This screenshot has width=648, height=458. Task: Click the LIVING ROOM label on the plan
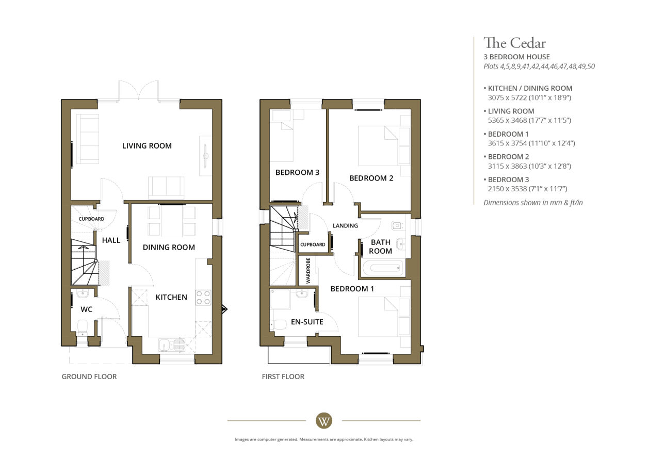click(x=147, y=146)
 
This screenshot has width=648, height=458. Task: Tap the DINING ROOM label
click(x=169, y=247)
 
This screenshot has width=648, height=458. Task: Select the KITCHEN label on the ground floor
click(x=171, y=297)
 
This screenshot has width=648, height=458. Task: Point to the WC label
click(x=87, y=309)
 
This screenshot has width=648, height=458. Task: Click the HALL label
click(x=111, y=240)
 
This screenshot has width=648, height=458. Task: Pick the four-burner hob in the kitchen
click(x=203, y=298)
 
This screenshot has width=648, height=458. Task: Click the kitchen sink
click(x=172, y=345)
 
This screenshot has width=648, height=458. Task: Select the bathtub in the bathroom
click(x=382, y=268)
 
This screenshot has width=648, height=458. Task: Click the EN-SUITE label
click(x=307, y=322)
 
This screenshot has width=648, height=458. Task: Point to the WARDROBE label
click(x=308, y=271)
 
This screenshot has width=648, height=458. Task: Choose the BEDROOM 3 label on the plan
click(x=297, y=173)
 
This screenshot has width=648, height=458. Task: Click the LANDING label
click(x=345, y=225)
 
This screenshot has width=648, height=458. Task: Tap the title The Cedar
click(x=514, y=43)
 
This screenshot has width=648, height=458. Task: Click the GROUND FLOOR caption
click(x=89, y=377)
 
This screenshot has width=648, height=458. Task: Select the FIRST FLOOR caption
click(x=283, y=377)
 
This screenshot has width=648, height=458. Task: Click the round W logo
click(x=323, y=421)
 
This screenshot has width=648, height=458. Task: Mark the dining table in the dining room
click(x=172, y=221)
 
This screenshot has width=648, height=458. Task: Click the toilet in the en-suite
click(x=278, y=325)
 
